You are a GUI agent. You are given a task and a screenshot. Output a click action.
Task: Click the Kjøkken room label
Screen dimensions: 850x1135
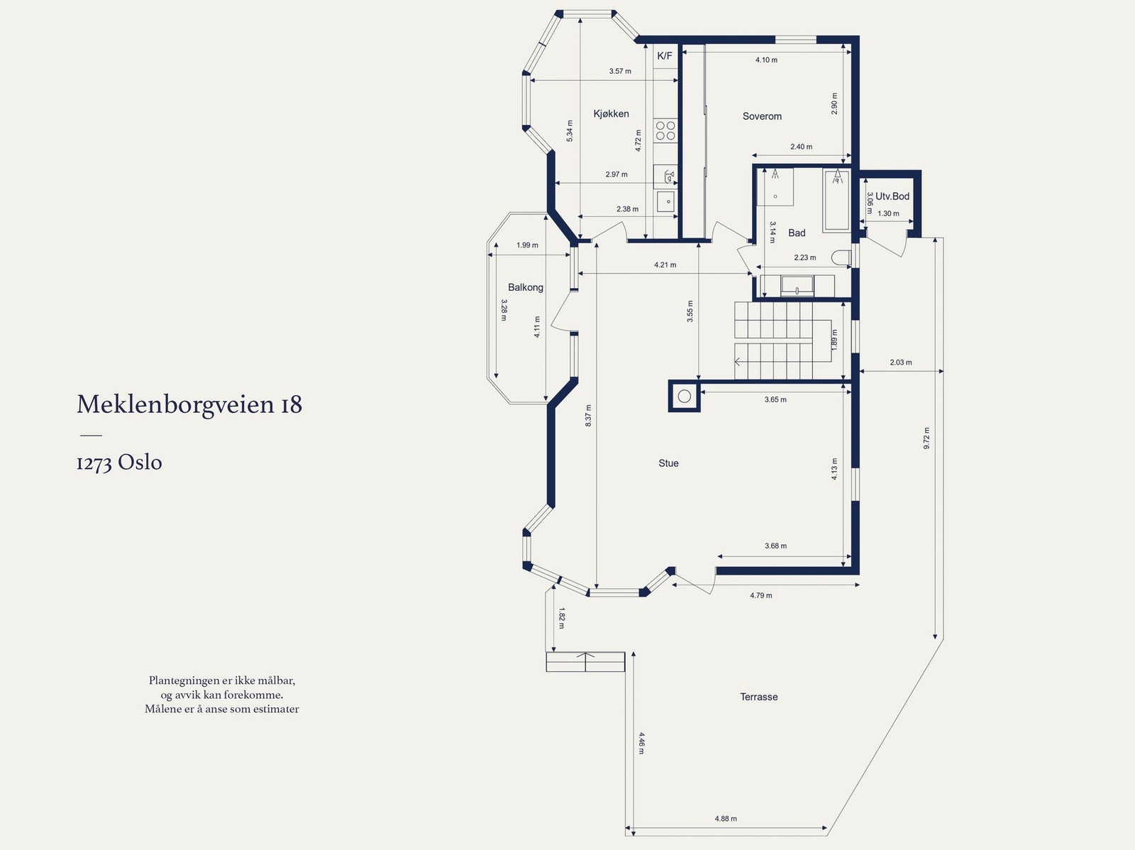(x=611, y=114)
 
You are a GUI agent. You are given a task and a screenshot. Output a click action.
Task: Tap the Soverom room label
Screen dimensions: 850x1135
(x=762, y=116)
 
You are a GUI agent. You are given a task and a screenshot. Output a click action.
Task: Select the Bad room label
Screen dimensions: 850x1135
(x=797, y=233)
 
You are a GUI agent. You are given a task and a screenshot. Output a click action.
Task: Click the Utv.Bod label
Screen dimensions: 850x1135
(x=892, y=197)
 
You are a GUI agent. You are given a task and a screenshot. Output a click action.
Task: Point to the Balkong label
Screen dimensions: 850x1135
(x=525, y=287)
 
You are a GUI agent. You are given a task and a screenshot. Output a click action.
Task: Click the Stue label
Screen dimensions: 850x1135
(x=668, y=463)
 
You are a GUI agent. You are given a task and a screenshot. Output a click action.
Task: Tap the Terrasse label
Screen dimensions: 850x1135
(x=758, y=697)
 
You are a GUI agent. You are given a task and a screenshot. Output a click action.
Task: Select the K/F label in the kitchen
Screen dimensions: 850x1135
(x=665, y=56)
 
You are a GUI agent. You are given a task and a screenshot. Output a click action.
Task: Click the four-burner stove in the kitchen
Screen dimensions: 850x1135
(x=665, y=131)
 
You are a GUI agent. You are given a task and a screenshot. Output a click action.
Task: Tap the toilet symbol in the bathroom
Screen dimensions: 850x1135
(x=842, y=258)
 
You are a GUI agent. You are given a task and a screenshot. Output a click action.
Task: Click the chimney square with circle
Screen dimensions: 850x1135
(x=685, y=397)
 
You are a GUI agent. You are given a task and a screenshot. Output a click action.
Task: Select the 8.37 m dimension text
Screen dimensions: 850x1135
(x=588, y=415)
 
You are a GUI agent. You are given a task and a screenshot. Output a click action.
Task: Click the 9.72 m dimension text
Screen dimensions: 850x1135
(x=926, y=438)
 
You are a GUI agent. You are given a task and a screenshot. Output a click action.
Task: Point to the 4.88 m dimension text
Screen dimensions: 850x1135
(x=726, y=818)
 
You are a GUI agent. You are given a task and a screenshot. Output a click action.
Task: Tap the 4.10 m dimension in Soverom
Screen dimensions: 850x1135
(x=766, y=60)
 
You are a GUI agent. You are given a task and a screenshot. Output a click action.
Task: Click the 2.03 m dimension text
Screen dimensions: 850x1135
(x=900, y=363)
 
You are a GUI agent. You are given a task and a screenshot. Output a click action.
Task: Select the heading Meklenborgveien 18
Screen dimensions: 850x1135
(x=189, y=404)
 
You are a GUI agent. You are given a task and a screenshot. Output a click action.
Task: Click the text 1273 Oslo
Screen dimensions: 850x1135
(x=119, y=463)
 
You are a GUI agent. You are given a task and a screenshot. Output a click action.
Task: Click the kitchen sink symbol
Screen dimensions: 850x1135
(x=665, y=202)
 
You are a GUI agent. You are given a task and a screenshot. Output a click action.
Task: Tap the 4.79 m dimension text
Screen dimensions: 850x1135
(x=760, y=595)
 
